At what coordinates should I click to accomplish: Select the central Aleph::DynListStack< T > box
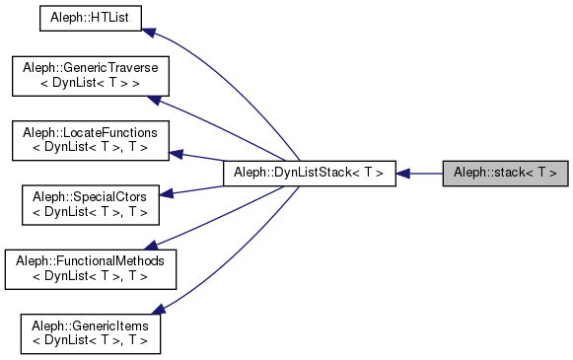pyautogui.click(x=309, y=173)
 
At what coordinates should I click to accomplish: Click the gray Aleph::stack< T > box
pyautogui.click(x=505, y=173)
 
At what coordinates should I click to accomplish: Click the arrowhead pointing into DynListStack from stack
pyautogui.click(x=403, y=174)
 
